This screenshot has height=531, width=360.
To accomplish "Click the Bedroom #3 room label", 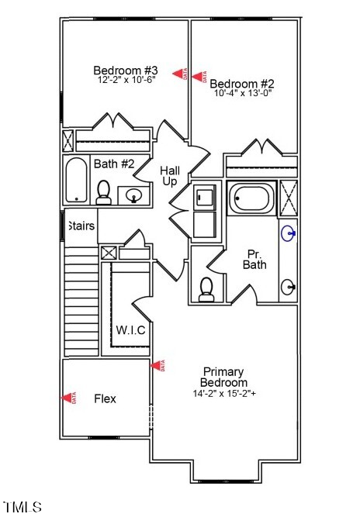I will [126, 68].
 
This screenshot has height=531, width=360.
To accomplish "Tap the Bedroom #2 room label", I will [241, 84].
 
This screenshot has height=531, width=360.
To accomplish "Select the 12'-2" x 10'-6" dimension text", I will [126, 80].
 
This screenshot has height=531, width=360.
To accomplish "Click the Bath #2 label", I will [114, 164].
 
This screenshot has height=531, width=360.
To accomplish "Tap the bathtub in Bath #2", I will [77, 180].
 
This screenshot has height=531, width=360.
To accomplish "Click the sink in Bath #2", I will [133, 195].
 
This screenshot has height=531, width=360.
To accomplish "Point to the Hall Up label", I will [170, 175].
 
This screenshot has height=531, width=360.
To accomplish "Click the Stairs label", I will [81, 226].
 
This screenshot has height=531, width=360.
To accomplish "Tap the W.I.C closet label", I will [130, 330].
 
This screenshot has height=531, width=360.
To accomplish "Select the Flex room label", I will [105, 399].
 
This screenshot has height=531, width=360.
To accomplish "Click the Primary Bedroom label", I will [223, 377].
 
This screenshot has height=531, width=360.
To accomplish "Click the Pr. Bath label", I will [255, 259].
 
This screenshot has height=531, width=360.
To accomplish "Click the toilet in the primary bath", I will [206, 288].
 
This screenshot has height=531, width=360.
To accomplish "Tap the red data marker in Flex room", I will [70, 398].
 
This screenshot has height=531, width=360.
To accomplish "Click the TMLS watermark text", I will [22, 508].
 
